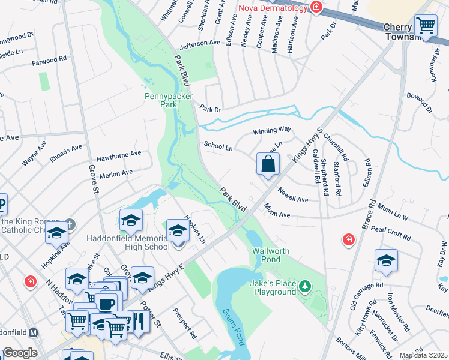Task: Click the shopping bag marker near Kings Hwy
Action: click(x=268, y=164)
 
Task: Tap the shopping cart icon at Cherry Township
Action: click(x=426, y=26)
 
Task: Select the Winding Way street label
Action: click(x=271, y=130)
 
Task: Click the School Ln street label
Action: click(x=218, y=145)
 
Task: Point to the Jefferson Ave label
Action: click(x=200, y=43)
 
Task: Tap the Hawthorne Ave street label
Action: click(x=119, y=154)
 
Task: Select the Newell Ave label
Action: click(x=293, y=194)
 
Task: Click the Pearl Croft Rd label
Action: click(x=390, y=229)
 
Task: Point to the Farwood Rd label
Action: click(x=50, y=60)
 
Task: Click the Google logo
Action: click(x=20, y=353)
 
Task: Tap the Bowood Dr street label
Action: click(x=419, y=102)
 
